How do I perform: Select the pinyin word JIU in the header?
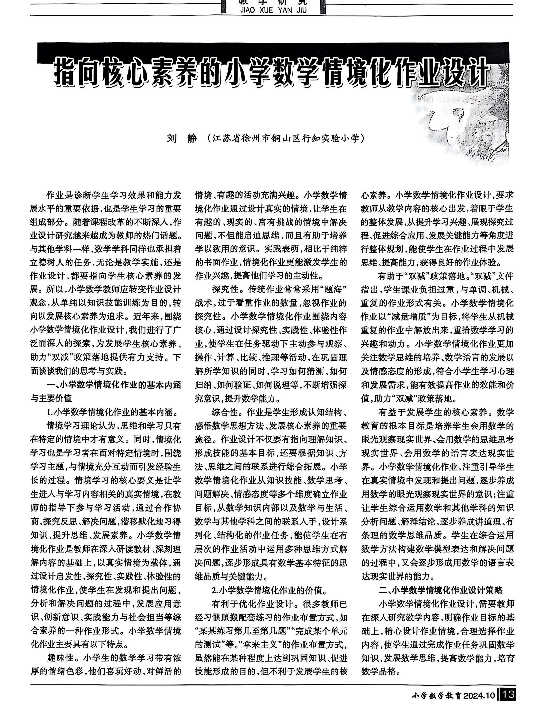pyautogui.click(x=302, y=10)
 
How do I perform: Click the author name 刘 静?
pyautogui.click(x=182, y=139)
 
